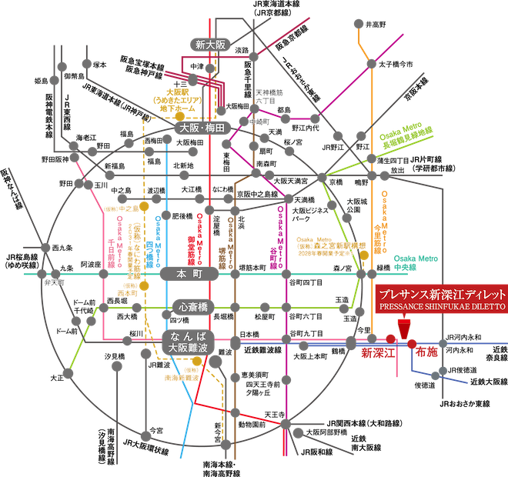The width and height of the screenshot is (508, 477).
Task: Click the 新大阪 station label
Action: click(x=209, y=45)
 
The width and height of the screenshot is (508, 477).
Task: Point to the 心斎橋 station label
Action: click(x=192, y=307)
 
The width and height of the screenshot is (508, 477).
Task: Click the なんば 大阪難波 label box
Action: click(x=189, y=342)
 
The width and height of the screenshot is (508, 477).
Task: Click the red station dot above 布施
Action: click(x=411, y=342)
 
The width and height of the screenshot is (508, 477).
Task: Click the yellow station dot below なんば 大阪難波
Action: click(x=197, y=361)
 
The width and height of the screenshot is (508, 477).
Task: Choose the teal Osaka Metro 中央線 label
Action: click(x=416, y=261)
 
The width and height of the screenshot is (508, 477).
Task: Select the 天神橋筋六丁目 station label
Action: click(x=266, y=96)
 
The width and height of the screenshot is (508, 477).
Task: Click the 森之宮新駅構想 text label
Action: click(x=329, y=245)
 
